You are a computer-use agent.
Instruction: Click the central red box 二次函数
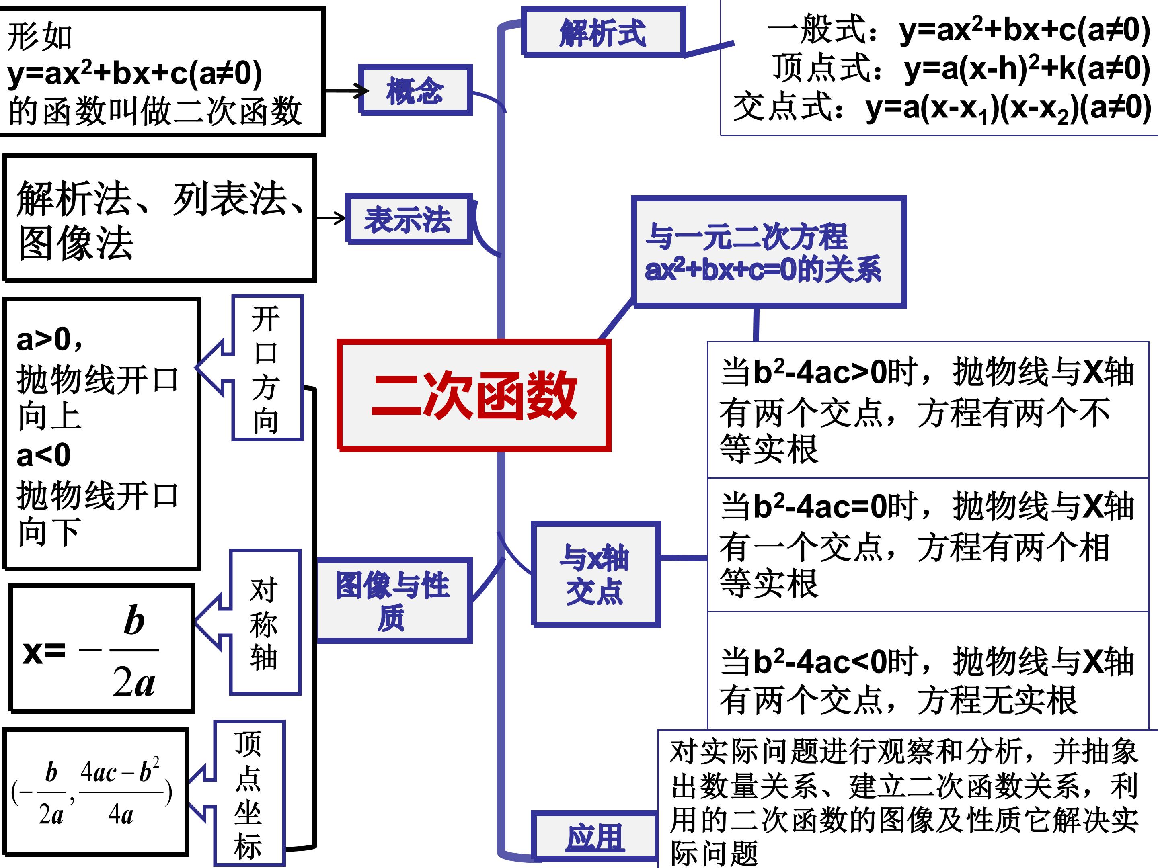[474, 395]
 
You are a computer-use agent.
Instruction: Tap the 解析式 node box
[603, 31]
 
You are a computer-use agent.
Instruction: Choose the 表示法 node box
[409, 219]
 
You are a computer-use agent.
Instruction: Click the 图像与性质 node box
[394, 600]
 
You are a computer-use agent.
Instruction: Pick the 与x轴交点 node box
[595, 574]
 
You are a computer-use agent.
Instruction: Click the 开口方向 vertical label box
[267, 368]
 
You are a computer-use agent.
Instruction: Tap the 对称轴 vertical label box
[265, 622]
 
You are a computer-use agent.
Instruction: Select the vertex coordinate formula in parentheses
[92, 792]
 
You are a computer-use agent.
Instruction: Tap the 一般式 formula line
[958, 29]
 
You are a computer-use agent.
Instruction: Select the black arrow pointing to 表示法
[331, 218]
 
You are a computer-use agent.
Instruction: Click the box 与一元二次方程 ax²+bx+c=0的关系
[768, 252]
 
